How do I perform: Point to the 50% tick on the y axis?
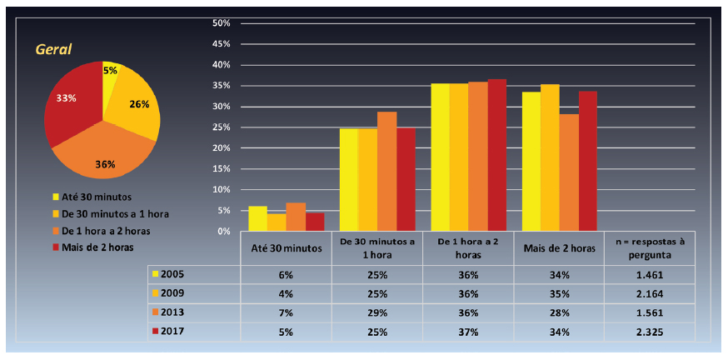click(x=221, y=22)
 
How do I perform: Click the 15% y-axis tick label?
click(x=221, y=168)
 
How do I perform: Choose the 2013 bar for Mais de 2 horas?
click(x=569, y=172)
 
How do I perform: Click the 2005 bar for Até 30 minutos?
click(x=257, y=218)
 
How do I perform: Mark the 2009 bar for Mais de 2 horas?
click(x=550, y=157)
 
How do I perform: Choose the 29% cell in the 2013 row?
click(x=377, y=312)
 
